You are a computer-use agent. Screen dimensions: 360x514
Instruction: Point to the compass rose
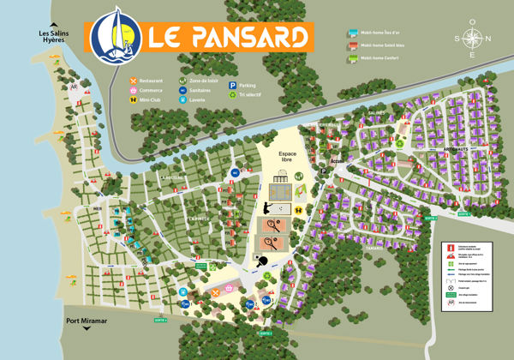472,39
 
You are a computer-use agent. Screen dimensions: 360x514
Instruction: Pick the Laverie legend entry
196,99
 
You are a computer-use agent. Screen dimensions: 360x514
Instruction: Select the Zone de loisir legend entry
200,80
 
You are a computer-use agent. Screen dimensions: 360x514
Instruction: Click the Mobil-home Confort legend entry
376,57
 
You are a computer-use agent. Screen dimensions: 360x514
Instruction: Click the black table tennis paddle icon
262,261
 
